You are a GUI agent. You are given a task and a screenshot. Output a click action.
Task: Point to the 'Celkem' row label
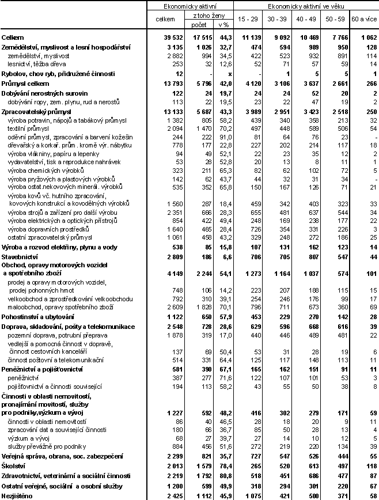click(x=13, y=36)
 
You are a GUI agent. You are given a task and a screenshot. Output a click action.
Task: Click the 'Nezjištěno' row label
click(x=17, y=496)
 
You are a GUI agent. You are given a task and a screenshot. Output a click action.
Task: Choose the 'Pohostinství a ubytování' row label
click(x=37, y=316)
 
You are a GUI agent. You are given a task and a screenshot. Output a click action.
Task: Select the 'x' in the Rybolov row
click(x=229, y=74)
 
